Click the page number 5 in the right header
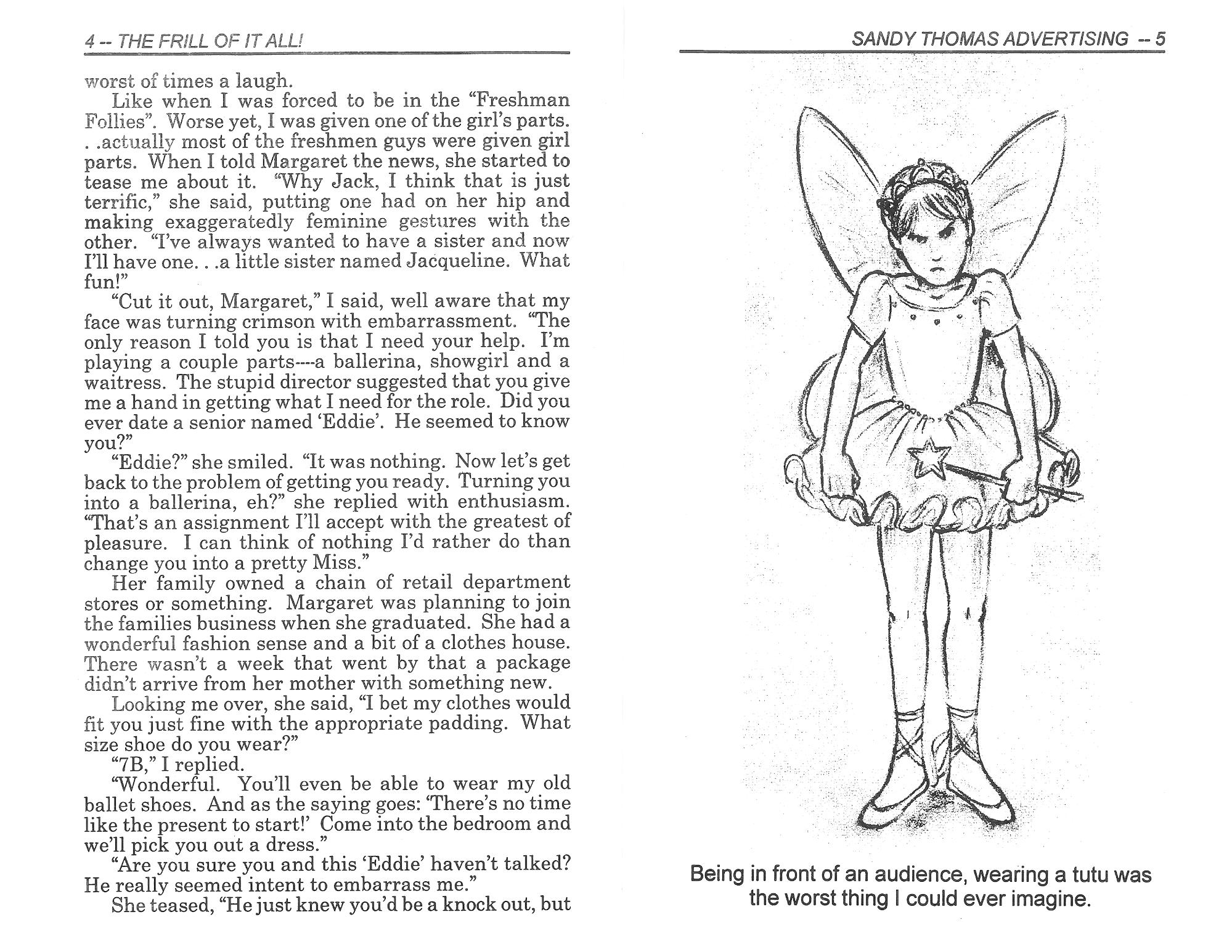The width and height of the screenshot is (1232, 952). coord(1159,40)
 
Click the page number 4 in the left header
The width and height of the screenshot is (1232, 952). coord(91,42)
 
